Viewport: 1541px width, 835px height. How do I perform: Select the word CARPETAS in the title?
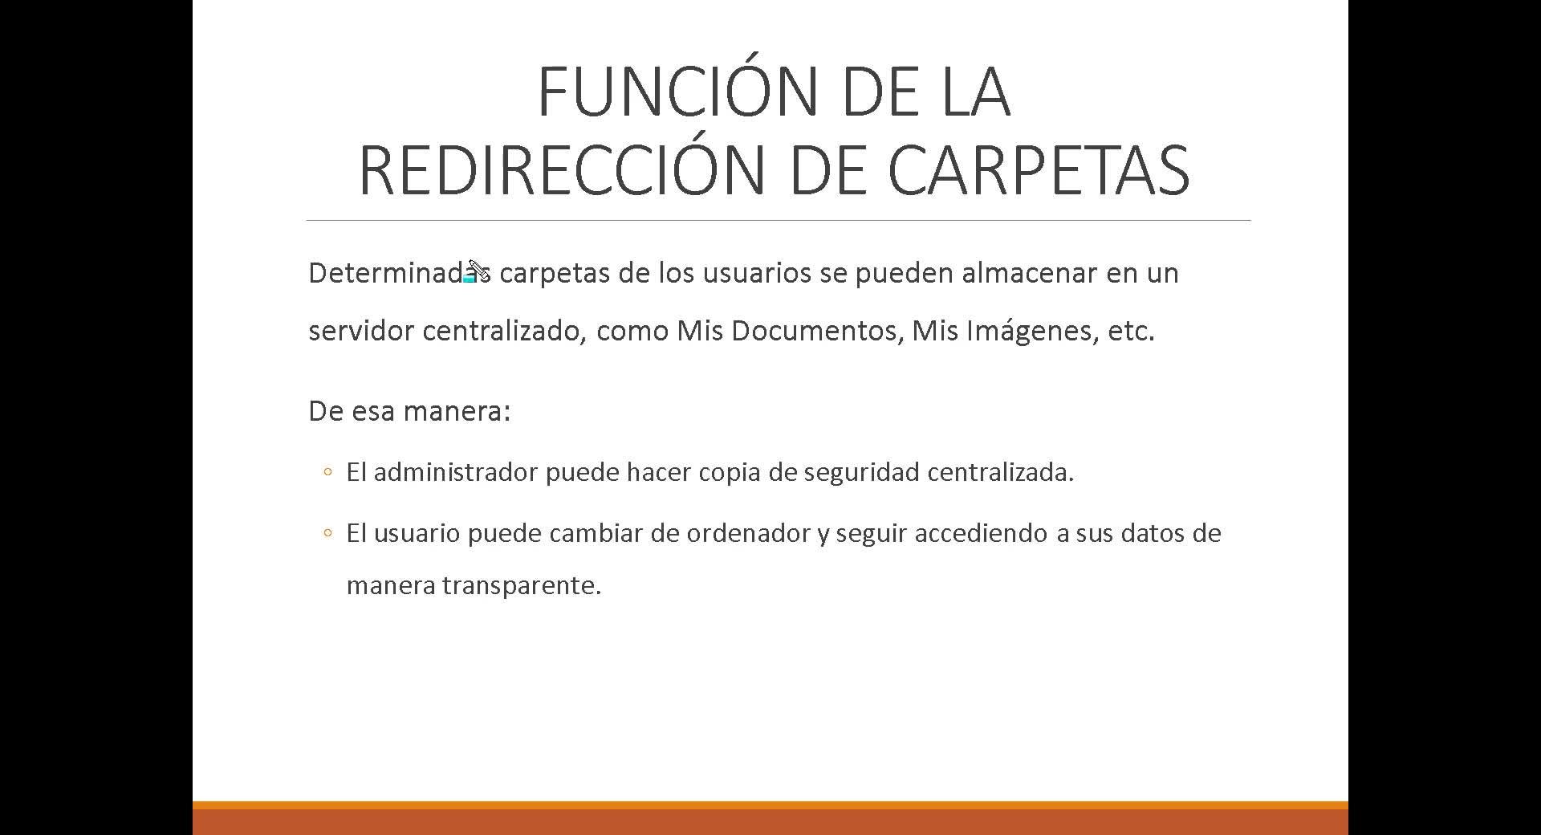tap(1039, 170)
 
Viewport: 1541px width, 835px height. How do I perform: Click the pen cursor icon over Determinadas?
tap(478, 271)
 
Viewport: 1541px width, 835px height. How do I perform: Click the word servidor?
tap(361, 330)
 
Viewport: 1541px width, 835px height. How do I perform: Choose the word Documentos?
tap(818, 331)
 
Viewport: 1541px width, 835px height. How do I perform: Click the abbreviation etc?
tap(1131, 331)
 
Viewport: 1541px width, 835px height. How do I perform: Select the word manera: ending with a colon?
tap(457, 411)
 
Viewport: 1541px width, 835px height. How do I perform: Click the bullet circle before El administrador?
tap(327, 472)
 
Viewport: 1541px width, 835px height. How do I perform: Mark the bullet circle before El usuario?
tap(327, 533)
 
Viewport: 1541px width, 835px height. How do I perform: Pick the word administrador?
tap(456, 472)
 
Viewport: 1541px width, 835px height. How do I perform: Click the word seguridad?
tap(861, 473)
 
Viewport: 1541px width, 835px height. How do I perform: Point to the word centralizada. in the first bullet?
tap(1001, 472)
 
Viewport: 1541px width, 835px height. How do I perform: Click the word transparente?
tap(522, 586)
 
